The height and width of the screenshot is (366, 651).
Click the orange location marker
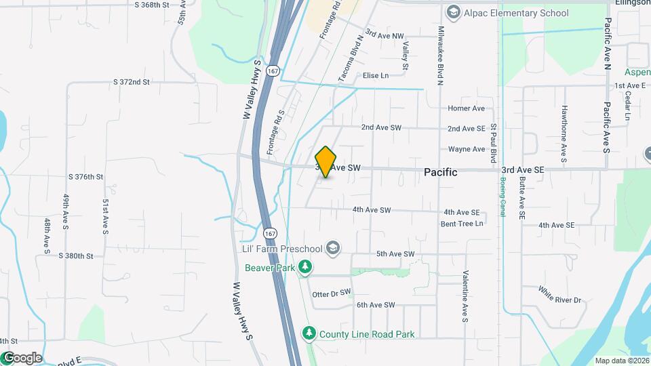click(x=326, y=162)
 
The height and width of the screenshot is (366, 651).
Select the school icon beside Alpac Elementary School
click(x=453, y=12)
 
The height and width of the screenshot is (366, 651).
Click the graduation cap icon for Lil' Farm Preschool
click(x=332, y=249)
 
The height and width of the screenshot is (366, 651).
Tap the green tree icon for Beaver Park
click(x=306, y=268)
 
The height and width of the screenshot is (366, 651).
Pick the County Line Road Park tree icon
click(x=309, y=333)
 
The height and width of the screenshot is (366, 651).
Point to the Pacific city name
click(x=440, y=172)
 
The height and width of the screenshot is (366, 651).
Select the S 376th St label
click(x=85, y=176)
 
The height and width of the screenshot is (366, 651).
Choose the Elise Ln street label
click(x=376, y=75)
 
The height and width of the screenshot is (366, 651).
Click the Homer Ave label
click(x=467, y=108)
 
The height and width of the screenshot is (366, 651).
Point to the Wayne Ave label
click(x=467, y=149)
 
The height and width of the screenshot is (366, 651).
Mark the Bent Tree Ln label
click(x=462, y=223)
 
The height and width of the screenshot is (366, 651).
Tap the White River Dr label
click(x=560, y=295)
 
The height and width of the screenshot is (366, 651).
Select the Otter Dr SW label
click(x=332, y=293)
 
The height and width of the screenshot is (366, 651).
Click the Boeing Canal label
click(x=502, y=195)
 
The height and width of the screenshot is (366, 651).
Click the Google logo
click(x=22, y=358)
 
